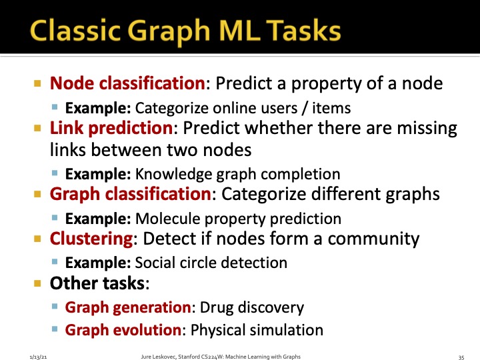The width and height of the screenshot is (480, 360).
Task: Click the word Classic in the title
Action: coord(75,30)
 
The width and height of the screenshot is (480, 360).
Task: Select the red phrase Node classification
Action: coord(127,83)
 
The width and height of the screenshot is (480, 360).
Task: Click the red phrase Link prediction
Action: coord(111,129)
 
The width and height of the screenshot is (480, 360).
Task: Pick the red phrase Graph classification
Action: coord(131,195)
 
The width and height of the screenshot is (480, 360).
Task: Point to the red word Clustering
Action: coord(91,239)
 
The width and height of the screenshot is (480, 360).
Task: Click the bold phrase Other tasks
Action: coord(97,283)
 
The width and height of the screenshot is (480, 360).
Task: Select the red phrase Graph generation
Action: coord(128,307)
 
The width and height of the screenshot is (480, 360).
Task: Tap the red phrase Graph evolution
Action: coord(123,330)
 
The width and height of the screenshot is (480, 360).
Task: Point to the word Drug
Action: coord(217,308)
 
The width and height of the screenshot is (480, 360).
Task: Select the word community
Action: coord(373,239)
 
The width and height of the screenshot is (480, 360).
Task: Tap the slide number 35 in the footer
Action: coord(461,357)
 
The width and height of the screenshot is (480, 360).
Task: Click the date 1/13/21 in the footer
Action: coord(38,357)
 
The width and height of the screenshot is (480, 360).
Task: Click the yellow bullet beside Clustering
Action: coord(37,239)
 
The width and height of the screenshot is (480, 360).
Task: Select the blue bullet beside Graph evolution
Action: coord(55,329)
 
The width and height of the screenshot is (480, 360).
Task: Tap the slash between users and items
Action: coord(305,108)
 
